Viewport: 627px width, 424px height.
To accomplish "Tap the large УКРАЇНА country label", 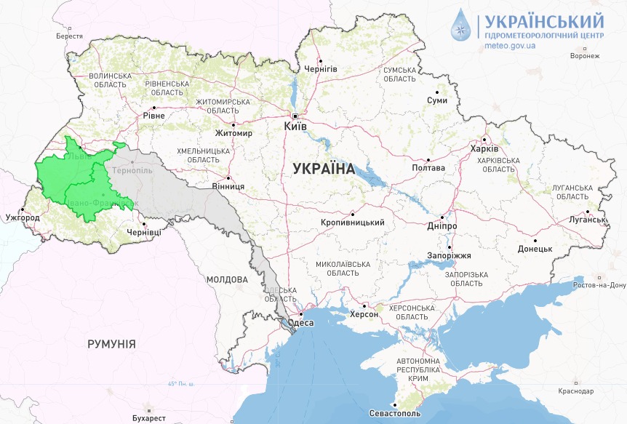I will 323,169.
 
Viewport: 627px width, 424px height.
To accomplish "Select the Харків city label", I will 484,149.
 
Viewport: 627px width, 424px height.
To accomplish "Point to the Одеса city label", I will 301,323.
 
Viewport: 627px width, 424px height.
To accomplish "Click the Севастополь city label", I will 396,413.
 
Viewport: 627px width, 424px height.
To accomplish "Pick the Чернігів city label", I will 321,68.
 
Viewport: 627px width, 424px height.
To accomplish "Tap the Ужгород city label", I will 22,217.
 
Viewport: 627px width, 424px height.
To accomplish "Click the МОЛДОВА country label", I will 226,279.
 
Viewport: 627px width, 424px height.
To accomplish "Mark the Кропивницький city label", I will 352,223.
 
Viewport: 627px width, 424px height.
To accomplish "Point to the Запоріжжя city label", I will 449,255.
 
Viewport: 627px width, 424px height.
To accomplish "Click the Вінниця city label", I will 228,186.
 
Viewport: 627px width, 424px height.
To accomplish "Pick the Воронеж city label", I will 585,56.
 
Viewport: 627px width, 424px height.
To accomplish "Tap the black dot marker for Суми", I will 436,92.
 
